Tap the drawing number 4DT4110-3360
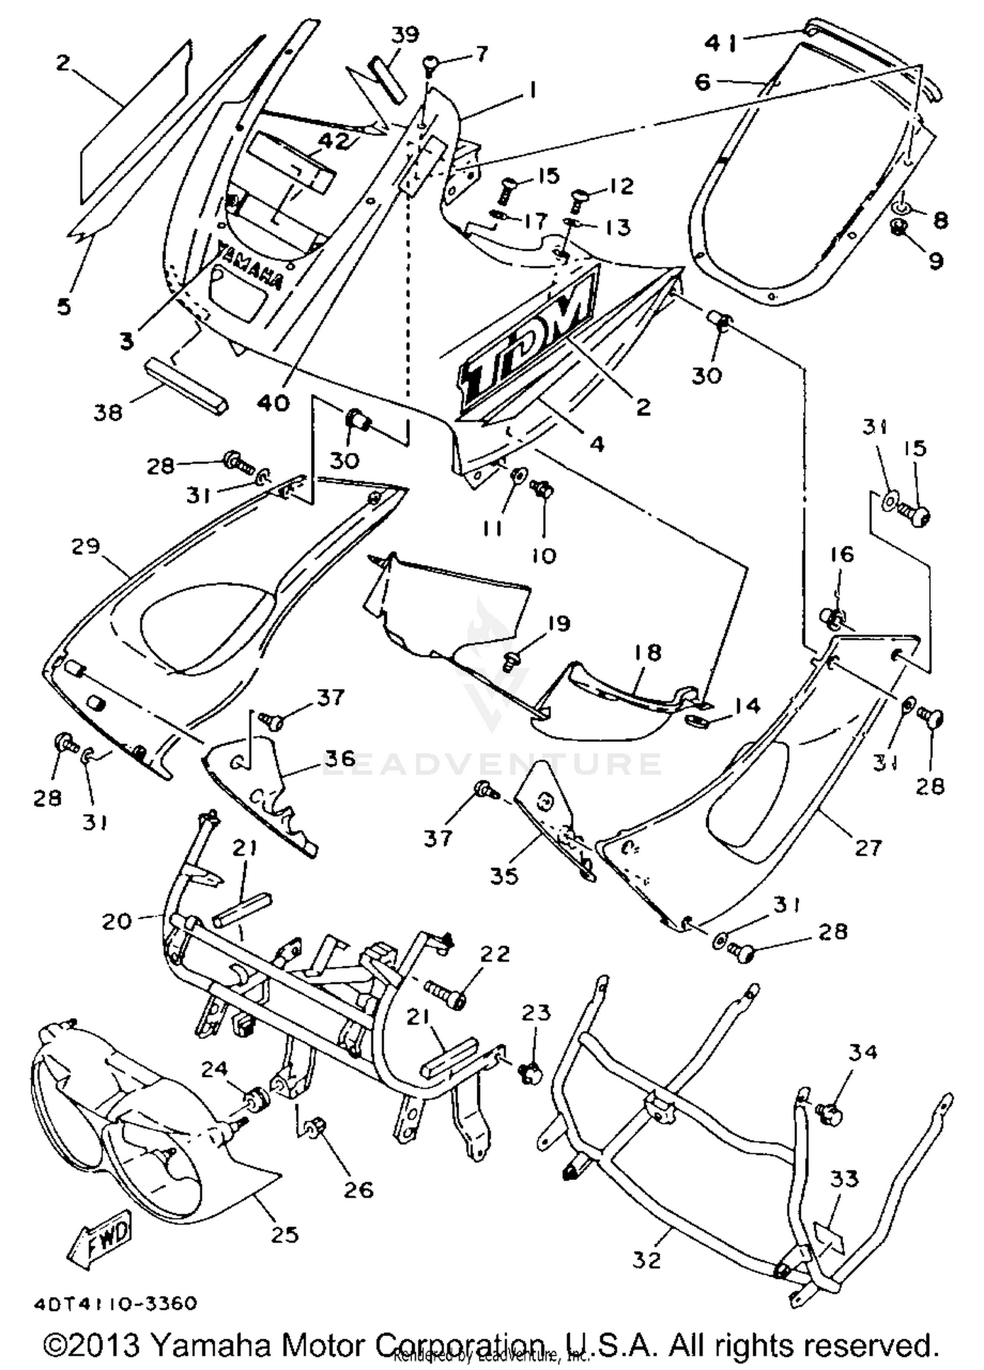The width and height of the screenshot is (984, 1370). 115,1304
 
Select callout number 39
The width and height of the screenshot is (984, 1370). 405,33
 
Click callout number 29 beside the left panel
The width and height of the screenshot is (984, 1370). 86,545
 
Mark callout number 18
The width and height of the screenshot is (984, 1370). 647,652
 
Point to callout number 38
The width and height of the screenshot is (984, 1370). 108,412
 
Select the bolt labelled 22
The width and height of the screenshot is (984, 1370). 446,999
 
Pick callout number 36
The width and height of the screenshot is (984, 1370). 339,758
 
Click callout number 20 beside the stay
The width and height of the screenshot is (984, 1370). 117,921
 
